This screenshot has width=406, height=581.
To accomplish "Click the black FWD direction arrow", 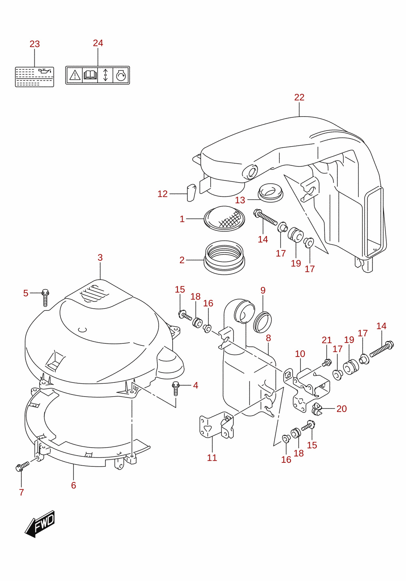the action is (40, 523).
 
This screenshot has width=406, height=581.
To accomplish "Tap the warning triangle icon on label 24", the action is (74, 75).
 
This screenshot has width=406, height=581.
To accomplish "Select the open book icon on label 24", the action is (90, 75).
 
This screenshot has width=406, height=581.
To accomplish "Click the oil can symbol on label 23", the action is (46, 71).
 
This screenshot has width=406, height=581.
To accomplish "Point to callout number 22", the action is (299, 97).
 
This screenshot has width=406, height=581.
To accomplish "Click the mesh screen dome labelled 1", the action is (224, 219).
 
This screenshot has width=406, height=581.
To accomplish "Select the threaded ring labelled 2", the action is (224, 257).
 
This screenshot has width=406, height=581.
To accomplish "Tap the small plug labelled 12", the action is (191, 193).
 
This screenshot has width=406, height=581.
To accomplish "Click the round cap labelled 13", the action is (270, 192).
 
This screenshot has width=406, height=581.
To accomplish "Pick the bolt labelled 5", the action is (46, 297).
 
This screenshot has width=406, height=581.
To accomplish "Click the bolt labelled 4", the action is (176, 388).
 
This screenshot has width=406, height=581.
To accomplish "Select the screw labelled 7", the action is (22, 467).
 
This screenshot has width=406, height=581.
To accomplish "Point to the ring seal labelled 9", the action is (262, 322).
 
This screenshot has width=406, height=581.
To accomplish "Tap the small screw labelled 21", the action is (326, 362).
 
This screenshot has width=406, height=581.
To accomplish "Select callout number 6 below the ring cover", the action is (74, 485).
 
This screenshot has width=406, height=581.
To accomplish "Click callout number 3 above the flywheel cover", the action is (100, 258).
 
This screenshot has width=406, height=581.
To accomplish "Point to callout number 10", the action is (300, 354).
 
